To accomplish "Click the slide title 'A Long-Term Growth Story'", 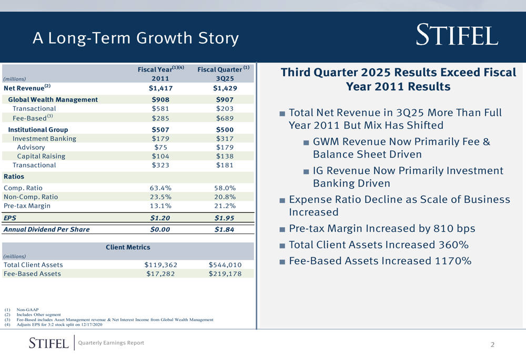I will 135,38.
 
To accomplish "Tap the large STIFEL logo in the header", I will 457,36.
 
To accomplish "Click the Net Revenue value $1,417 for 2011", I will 160,88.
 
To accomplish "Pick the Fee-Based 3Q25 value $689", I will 225,118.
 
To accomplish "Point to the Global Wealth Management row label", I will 53,99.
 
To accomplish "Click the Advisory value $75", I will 160,147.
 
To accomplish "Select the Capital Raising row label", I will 41,156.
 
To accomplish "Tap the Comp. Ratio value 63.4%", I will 160,188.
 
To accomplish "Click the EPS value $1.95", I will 225,218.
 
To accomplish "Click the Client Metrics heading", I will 128,247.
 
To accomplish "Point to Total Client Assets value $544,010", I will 225,265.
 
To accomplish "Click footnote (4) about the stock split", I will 59,325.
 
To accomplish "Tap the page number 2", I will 492,345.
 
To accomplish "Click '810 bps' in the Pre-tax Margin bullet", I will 447,229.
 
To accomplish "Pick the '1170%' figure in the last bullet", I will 450,261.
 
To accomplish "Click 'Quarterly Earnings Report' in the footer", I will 110,343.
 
